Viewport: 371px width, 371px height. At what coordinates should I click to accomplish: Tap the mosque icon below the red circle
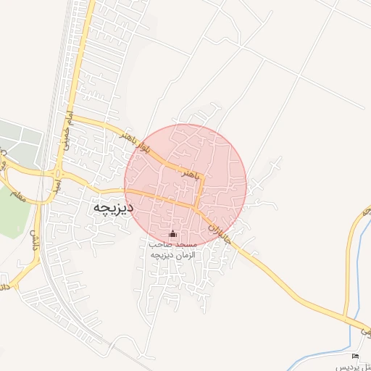(172, 234)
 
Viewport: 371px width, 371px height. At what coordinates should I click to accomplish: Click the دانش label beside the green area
(33, 236)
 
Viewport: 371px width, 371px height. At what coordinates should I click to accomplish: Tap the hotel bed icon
(355, 356)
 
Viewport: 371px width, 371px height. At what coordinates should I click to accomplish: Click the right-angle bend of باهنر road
(204, 176)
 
